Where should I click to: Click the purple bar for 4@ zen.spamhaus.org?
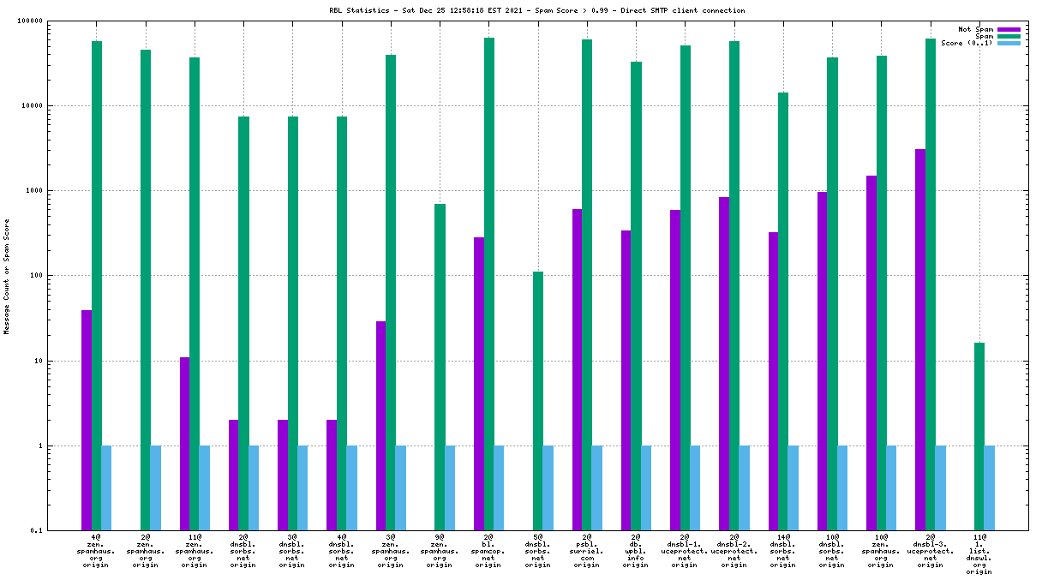87,420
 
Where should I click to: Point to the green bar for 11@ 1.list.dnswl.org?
979,436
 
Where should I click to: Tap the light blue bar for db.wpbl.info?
646,487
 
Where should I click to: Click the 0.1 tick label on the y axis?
61,531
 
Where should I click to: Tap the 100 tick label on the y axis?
58,276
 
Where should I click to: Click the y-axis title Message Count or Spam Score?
7,276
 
